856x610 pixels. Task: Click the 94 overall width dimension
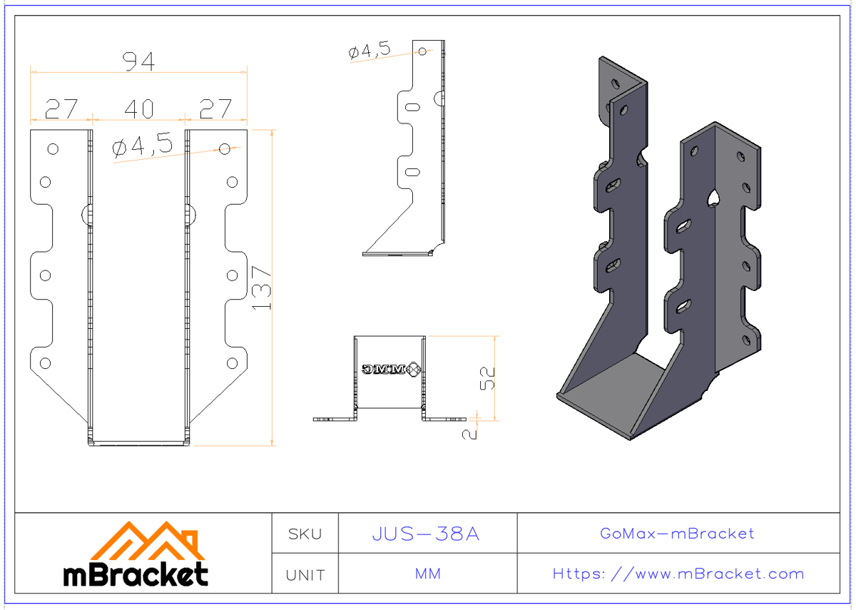pyautogui.click(x=138, y=62)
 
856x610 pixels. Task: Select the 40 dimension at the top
pyautogui.click(x=138, y=109)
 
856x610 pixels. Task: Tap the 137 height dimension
pyautogui.click(x=262, y=287)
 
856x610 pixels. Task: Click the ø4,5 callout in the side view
pyautogui.click(x=369, y=51)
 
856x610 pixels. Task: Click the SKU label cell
pyautogui.click(x=305, y=534)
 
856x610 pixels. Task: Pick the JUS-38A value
pyautogui.click(x=427, y=534)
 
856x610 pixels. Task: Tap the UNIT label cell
pyautogui.click(x=305, y=574)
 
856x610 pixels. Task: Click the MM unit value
pyautogui.click(x=427, y=574)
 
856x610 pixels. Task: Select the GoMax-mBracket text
pyautogui.click(x=677, y=534)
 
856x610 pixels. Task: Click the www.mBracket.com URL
pyautogui.click(x=678, y=574)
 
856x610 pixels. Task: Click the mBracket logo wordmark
pyautogui.click(x=136, y=574)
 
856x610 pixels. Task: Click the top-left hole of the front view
pyautogui.click(x=53, y=149)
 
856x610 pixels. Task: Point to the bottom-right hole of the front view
pyautogui.click(x=232, y=363)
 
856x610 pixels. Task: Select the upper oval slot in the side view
pyautogui.click(x=412, y=107)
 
